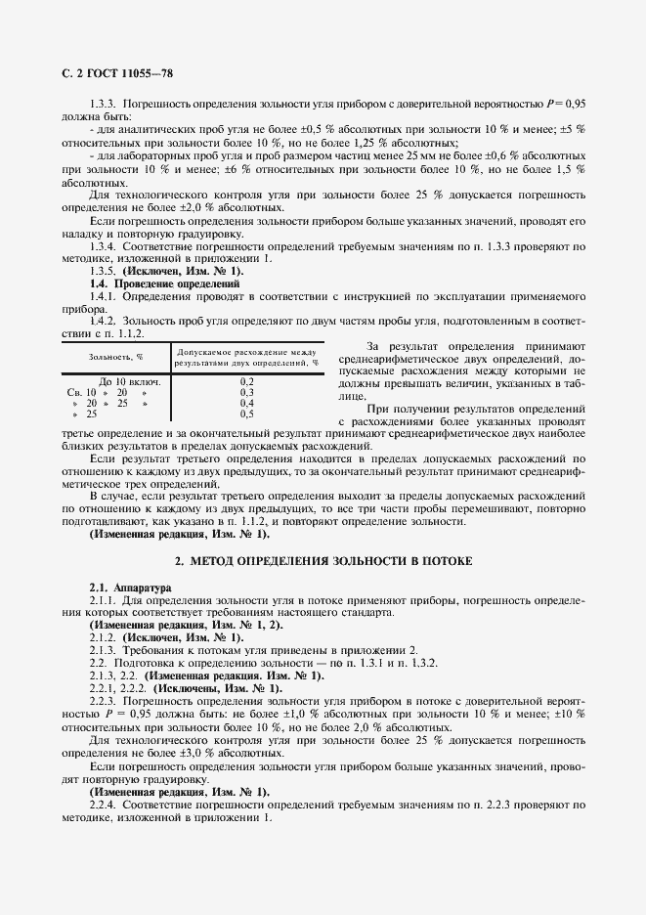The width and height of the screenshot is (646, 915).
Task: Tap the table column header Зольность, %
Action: point(116,357)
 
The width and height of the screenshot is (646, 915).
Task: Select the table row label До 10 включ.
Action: point(130,381)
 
